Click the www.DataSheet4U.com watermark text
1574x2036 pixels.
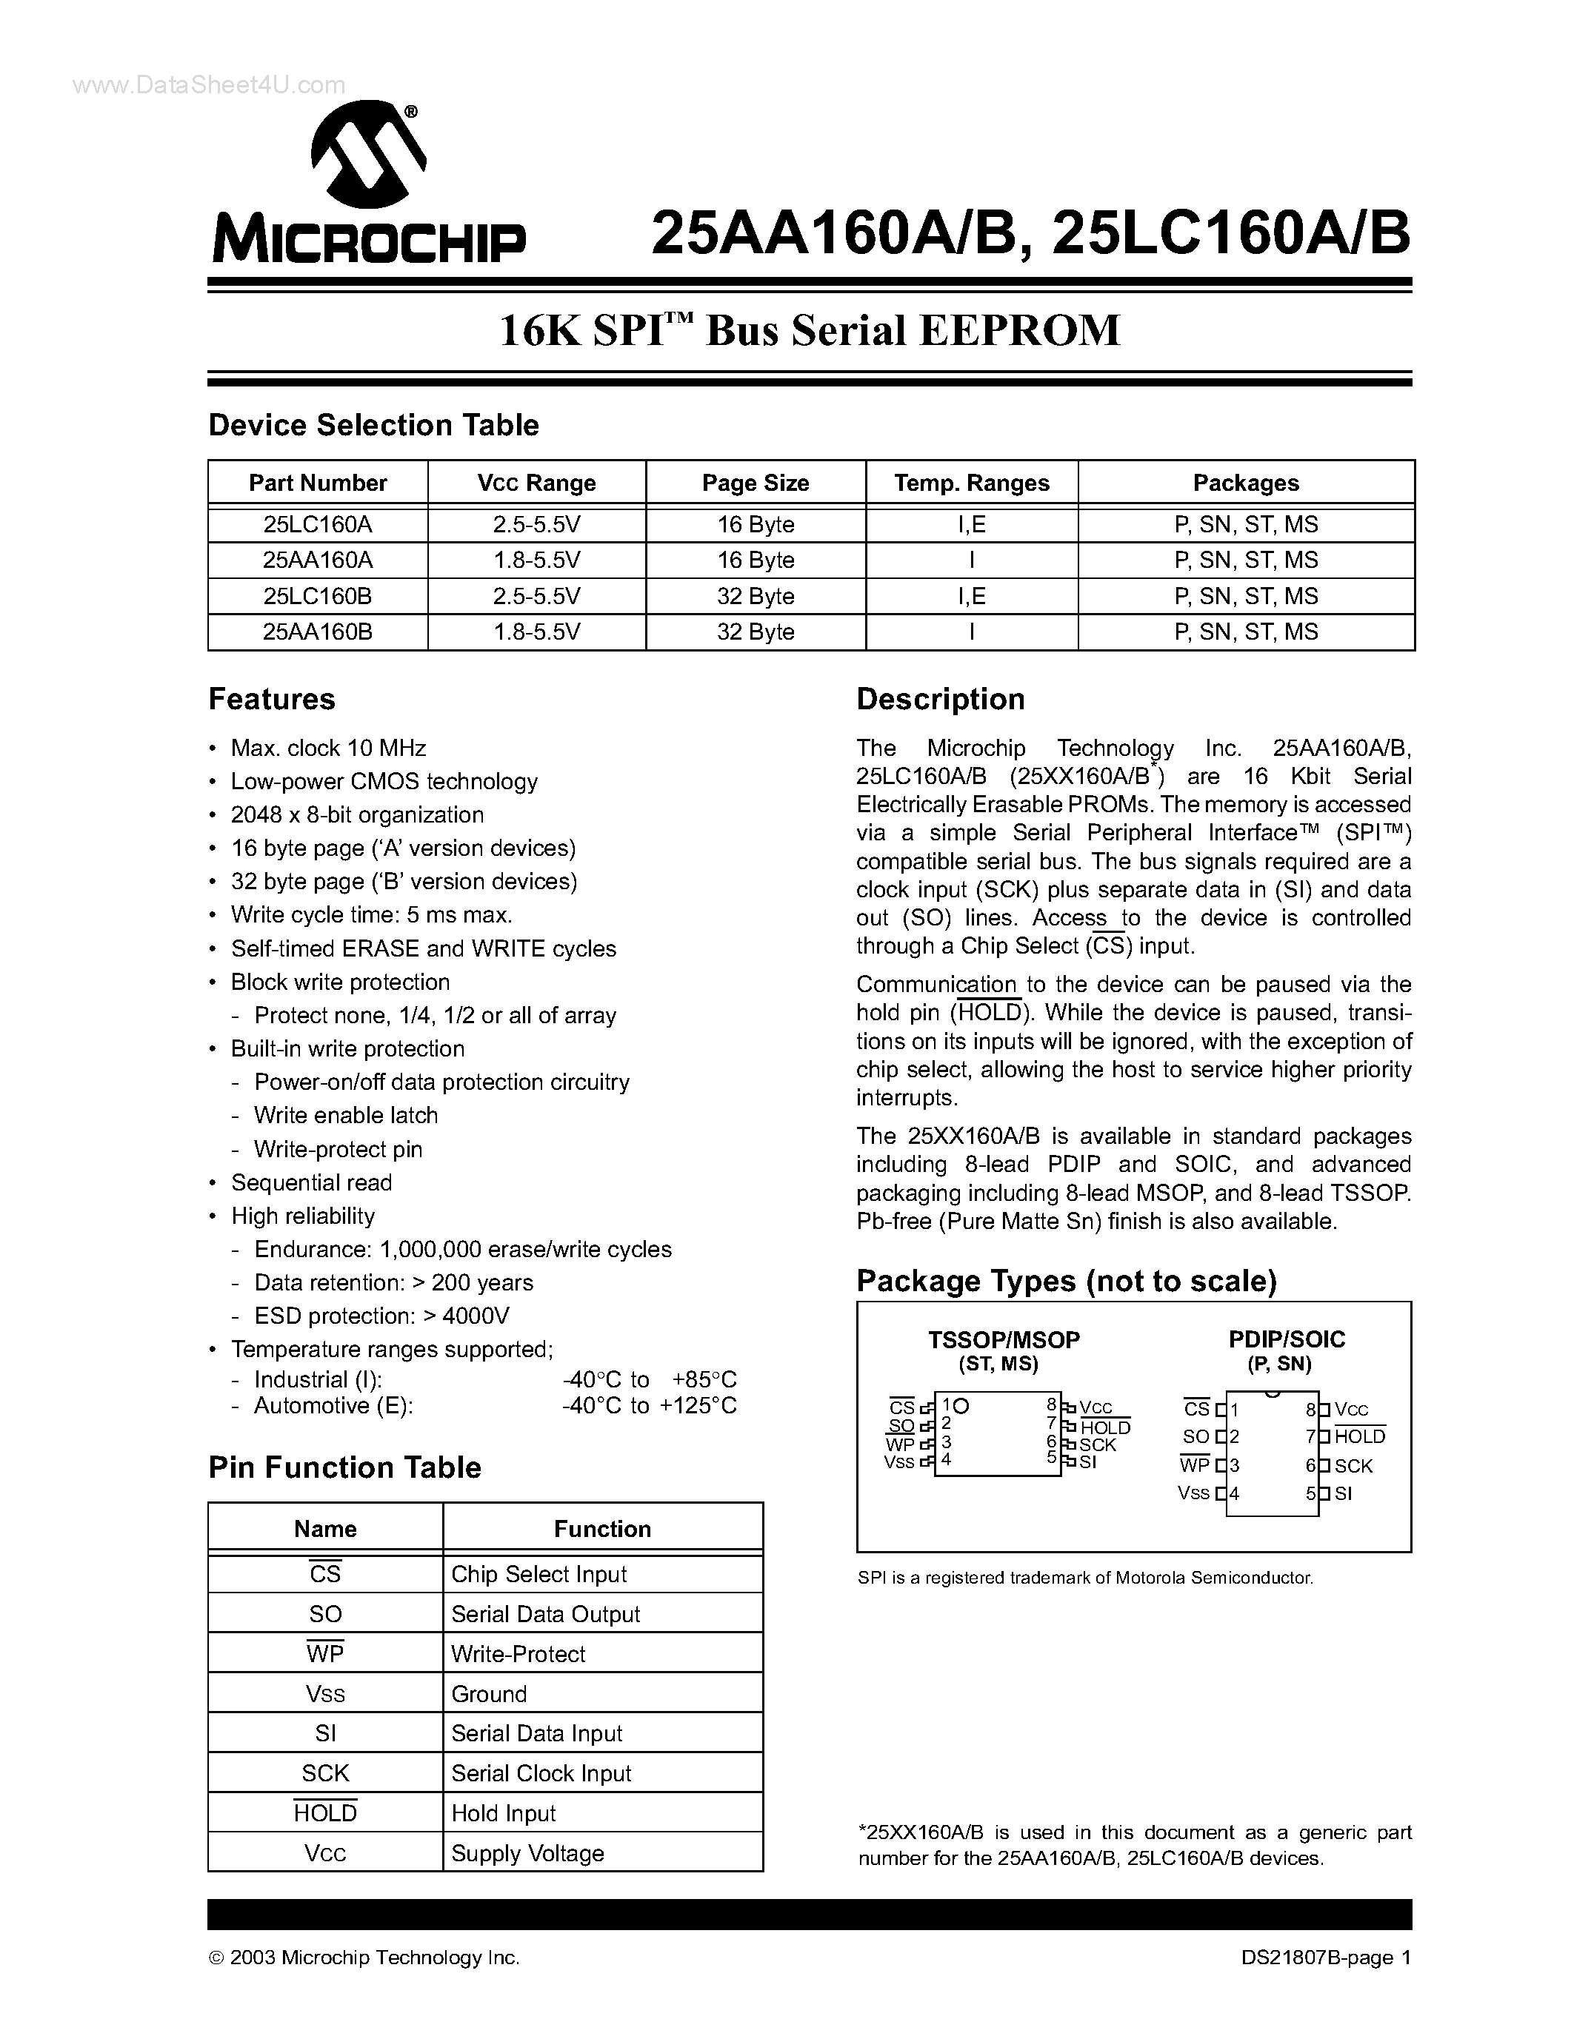(209, 85)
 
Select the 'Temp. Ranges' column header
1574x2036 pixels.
(971, 483)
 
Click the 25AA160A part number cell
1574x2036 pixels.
(317, 560)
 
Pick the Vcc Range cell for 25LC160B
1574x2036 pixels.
(536, 596)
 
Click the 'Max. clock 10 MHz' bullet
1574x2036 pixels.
(328, 748)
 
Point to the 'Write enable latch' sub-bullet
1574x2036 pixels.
(345, 1115)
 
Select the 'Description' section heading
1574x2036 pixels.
(940, 699)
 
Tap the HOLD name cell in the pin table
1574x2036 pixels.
(324, 1813)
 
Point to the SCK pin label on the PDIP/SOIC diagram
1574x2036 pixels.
(1353, 1465)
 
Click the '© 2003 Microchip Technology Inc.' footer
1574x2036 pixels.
(364, 1958)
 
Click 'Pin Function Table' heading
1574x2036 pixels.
(344, 1467)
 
